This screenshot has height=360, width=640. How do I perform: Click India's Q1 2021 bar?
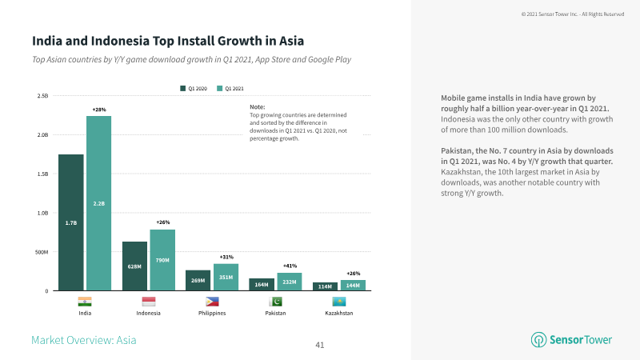coord(98,203)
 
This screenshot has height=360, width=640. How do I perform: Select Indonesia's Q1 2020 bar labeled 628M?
coord(134,266)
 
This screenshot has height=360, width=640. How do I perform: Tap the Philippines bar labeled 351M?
coord(226,277)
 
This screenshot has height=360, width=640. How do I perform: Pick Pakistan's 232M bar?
coord(290,282)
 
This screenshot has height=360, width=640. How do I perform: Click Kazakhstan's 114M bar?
coord(326,286)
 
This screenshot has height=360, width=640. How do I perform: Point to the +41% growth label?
coord(290,266)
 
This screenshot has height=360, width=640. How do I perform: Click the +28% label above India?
coord(98,110)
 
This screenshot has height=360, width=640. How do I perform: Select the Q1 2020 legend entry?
coord(194,89)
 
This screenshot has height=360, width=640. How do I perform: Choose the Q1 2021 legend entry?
coord(230,89)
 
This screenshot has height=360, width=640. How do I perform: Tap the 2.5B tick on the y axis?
coord(42,96)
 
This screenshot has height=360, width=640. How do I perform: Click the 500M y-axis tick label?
coord(42,252)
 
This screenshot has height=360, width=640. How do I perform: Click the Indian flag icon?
coord(85,302)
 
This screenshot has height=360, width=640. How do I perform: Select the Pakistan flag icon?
coord(275,302)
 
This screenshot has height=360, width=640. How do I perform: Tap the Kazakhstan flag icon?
coord(339,302)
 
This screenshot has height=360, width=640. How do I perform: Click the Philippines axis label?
coord(212,313)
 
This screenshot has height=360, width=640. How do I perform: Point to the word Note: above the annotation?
coord(257,107)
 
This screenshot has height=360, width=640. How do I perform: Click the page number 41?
coord(320,346)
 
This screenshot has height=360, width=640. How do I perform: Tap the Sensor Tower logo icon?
coord(538,339)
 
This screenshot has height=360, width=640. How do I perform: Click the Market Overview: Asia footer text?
coord(84,340)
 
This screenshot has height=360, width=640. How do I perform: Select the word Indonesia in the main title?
coord(120,41)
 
